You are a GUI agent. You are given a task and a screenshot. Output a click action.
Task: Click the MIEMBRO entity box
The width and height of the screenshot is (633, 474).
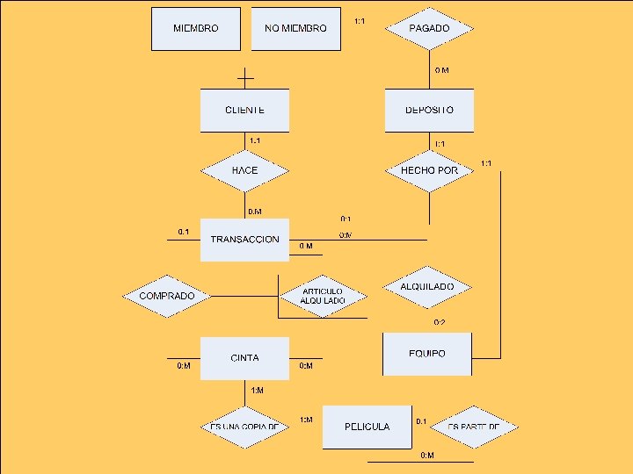pyautogui.click(x=196, y=28)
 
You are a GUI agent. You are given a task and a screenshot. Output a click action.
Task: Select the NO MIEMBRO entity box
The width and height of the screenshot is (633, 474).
pyautogui.click(x=295, y=28)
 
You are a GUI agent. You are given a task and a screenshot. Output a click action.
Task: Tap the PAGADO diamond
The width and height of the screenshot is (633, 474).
pyautogui.click(x=429, y=28)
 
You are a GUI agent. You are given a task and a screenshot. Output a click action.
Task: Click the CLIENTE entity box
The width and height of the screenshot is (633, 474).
pyautogui.click(x=244, y=111)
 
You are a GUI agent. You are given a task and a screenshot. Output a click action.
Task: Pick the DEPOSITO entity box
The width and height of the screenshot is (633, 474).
pyautogui.click(x=429, y=111)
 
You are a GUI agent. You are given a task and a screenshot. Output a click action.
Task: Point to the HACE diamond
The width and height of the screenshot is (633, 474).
pyautogui.click(x=244, y=169)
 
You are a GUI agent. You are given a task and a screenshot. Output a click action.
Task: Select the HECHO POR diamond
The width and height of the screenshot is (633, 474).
pyautogui.click(x=429, y=169)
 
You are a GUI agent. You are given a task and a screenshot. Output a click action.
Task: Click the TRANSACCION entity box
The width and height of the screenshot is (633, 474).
pyautogui.click(x=244, y=240)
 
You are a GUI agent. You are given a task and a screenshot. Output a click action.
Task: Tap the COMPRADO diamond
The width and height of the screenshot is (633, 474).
pyautogui.click(x=167, y=296)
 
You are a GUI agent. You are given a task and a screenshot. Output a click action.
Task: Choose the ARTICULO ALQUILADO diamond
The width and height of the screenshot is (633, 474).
pyautogui.click(x=322, y=296)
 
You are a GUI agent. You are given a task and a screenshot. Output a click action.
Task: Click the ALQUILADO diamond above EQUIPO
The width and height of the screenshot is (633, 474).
pyautogui.click(x=427, y=287)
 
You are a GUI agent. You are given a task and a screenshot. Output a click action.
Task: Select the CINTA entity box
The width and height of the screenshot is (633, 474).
pyautogui.click(x=244, y=358)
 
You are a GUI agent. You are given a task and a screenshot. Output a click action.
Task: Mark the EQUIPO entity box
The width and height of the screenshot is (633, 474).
pyautogui.click(x=427, y=354)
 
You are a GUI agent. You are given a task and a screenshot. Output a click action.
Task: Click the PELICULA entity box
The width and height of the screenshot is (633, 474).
pyautogui.click(x=367, y=427)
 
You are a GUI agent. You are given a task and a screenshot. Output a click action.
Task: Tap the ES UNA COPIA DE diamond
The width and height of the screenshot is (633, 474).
pyautogui.click(x=244, y=427)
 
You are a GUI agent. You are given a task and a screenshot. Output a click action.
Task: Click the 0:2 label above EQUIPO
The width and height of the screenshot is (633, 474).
pyautogui.click(x=439, y=323)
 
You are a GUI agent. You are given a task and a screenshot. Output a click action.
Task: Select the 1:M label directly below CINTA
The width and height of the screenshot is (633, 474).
pyautogui.click(x=257, y=390)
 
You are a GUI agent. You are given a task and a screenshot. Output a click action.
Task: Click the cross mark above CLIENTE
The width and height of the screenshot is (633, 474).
pyautogui.click(x=245, y=78)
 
